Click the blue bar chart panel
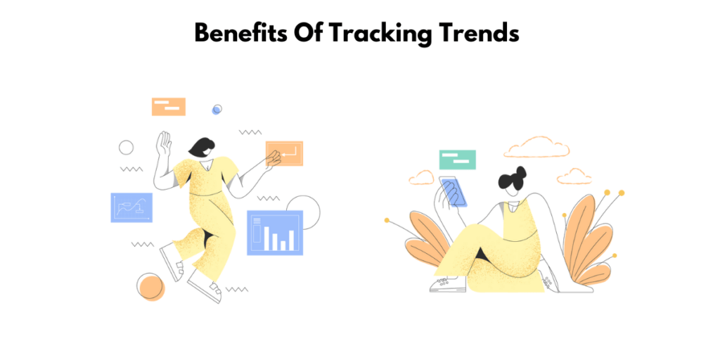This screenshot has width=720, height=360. [x=275, y=233]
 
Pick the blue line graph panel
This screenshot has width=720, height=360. [x=131, y=207]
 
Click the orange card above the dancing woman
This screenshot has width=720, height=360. [x=169, y=106]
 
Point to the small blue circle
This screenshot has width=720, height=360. [x=217, y=109]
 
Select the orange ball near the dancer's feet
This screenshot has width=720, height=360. [x=150, y=287]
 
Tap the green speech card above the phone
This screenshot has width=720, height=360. [x=457, y=160]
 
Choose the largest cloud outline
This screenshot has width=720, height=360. [x=536, y=146]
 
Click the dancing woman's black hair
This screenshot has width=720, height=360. [x=202, y=147]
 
